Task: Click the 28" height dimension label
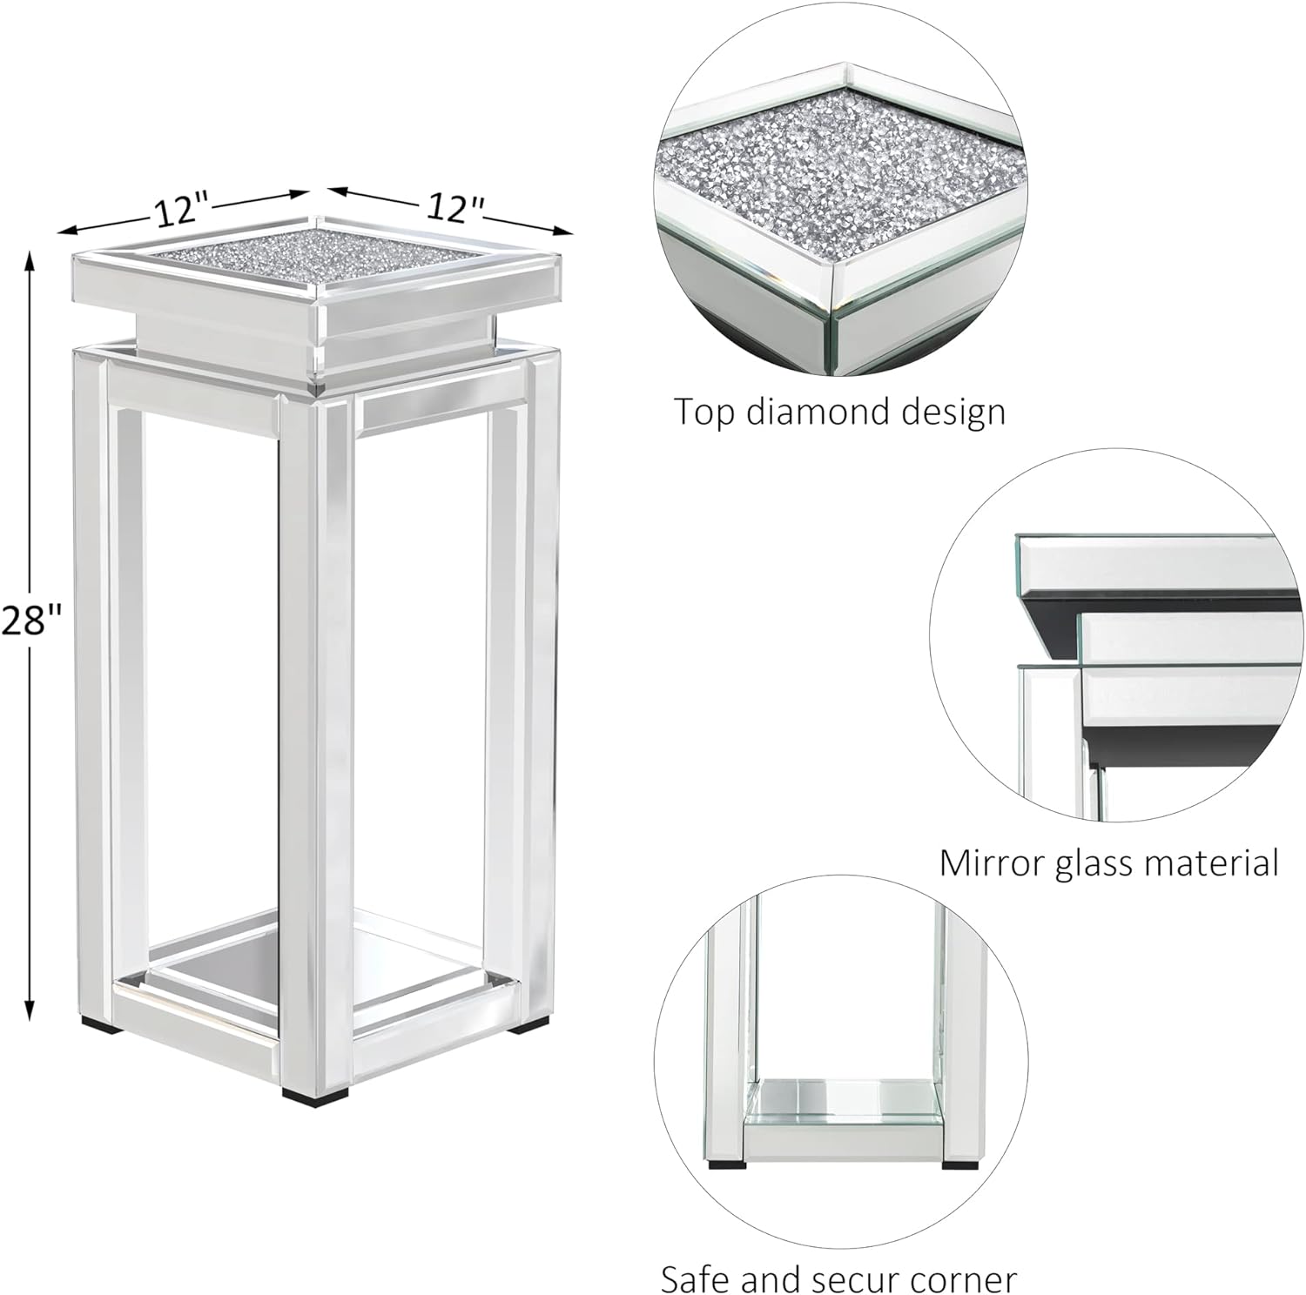(x=31, y=621)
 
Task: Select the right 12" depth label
(x=454, y=208)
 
